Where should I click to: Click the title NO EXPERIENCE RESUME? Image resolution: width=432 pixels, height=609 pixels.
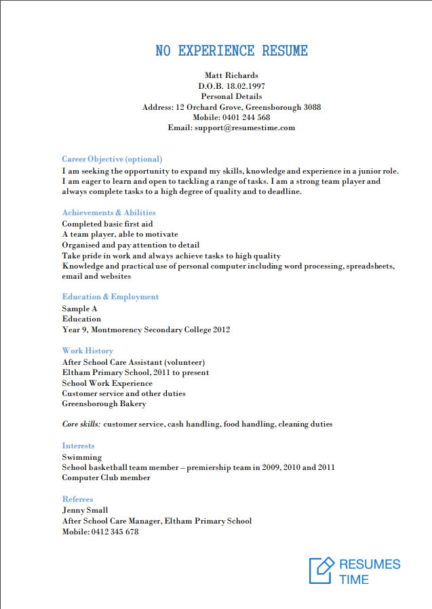(231, 51)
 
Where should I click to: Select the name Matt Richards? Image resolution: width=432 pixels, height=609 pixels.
(231, 75)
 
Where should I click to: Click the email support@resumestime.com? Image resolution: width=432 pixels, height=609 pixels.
(245, 127)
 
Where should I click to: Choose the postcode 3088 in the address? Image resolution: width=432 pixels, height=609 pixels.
(313, 107)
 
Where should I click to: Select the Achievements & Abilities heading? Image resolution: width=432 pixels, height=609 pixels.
(109, 213)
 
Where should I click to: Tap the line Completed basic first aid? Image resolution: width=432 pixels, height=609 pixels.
(107, 224)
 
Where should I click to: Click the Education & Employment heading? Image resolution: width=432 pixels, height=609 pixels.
(110, 297)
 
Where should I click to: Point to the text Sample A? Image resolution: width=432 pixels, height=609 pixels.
(80, 309)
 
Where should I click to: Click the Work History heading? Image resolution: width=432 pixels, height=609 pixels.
(87, 351)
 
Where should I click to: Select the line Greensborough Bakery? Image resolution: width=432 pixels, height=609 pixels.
(104, 404)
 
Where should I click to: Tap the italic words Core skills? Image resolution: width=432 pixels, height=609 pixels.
(81, 425)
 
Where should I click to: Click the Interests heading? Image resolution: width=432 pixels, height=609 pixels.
(79, 446)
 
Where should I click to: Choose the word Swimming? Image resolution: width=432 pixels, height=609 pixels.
(81, 457)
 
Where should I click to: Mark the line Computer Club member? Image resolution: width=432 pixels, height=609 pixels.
(106, 477)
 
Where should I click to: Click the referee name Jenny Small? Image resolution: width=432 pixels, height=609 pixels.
(85, 510)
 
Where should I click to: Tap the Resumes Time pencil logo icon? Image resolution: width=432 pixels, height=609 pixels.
(321, 570)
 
